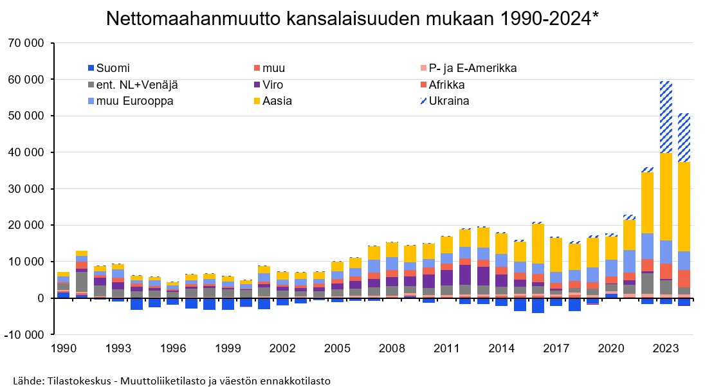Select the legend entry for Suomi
tap(113, 67)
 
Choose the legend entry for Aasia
tap(276, 101)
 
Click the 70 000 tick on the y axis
tap(26, 43)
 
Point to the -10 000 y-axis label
tap(24, 335)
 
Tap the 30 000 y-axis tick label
tap(26, 189)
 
